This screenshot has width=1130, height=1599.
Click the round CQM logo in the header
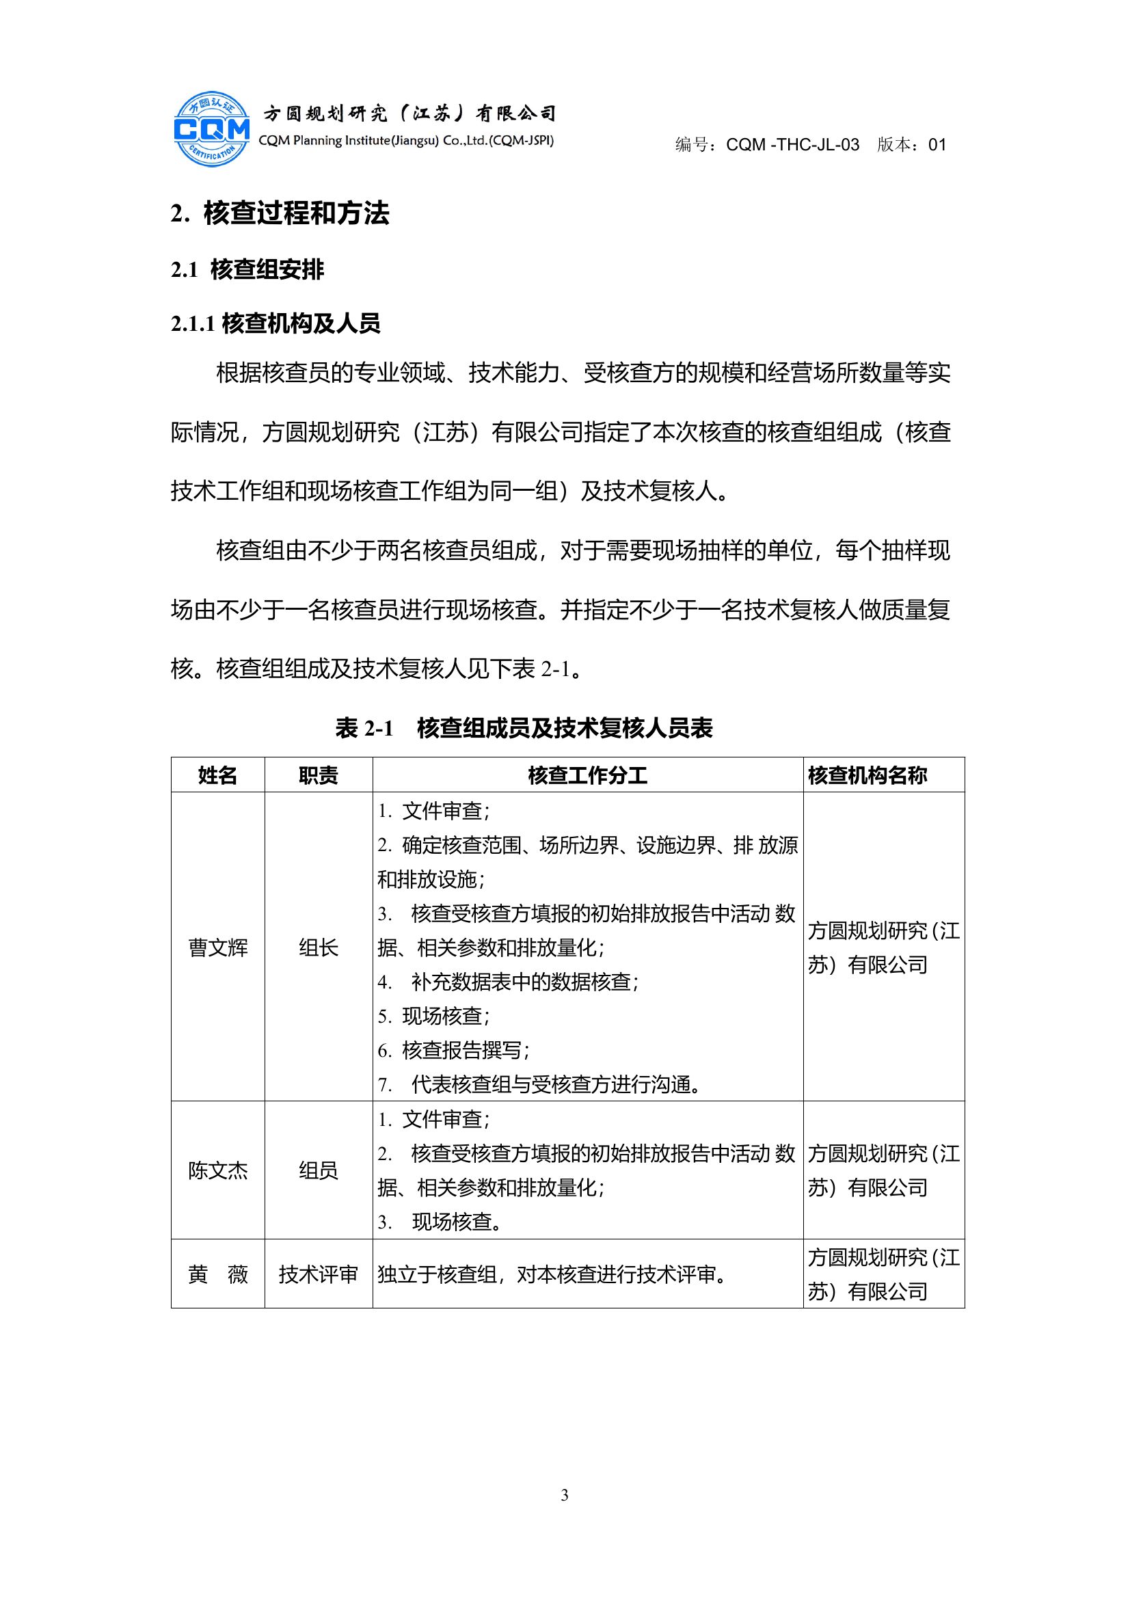pos(211,129)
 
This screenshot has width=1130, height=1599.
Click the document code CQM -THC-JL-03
pos(792,145)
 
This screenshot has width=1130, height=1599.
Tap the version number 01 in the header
pos(937,145)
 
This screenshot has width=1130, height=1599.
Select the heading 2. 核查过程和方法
pos(280,213)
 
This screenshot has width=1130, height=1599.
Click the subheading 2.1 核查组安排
pos(247,269)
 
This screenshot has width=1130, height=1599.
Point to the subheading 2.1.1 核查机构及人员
pos(275,323)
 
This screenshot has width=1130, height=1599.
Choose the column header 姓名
pos(218,775)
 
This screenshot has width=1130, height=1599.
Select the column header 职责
pos(318,775)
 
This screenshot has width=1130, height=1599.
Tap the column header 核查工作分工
pos(588,775)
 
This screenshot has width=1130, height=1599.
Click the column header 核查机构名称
pos(867,775)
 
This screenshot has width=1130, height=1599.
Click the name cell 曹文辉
pos(218,948)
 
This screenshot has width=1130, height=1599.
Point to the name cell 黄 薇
pos(218,1274)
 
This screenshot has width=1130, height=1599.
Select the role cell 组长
pos(318,948)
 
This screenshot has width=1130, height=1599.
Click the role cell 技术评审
pos(318,1274)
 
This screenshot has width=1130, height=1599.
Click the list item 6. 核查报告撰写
pos(454,1050)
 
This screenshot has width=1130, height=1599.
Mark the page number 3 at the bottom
pos(565,1495)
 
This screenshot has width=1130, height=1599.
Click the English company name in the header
pos(406,141)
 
